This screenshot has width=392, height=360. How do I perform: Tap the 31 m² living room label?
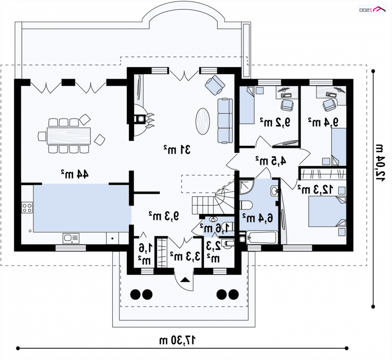[x=177, y=149]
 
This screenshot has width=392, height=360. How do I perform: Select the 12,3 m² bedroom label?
[x=315, y=190]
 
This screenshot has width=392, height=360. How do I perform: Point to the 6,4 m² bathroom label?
[x=258, y=218]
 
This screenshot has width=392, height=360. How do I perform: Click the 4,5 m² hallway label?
[x=271, y=161]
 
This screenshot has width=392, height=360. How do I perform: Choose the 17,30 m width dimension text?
[x=178, y=340]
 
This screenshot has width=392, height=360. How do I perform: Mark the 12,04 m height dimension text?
[x=379, y=163]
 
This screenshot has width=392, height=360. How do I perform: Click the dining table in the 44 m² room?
[x=69, y=136]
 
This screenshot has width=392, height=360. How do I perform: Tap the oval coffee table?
[x=202, y=121]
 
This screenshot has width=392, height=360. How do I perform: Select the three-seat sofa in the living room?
[x=225, y=120]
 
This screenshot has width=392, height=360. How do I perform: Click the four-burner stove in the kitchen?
[x=27, y=207]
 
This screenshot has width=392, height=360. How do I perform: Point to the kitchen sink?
[x=71, y=238]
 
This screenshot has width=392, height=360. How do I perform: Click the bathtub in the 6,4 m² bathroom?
[x=262, y=238]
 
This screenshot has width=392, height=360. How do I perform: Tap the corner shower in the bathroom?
[x=247, y=187]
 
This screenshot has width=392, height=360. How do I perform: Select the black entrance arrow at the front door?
[x=185, y=279]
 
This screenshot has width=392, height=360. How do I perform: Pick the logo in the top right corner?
[x=372, y=9]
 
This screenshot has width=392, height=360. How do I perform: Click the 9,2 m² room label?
[x=275, y=122]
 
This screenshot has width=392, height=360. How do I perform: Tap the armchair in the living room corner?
[x=215, y=85]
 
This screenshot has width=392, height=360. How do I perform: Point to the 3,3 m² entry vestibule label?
[x=186, y=256]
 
